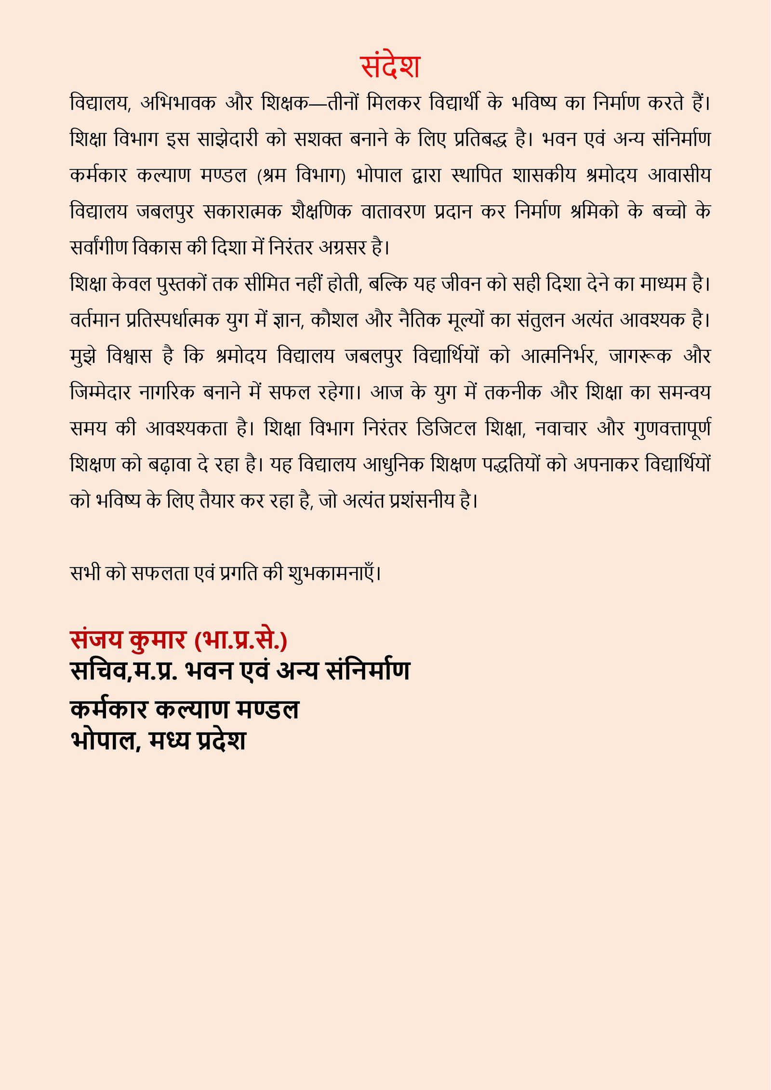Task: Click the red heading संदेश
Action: point(390,66)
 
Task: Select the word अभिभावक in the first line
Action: point(178,103)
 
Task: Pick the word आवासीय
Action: point(679,175)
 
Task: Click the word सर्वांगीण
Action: point(99,247)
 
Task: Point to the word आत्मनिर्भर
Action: point(559,356)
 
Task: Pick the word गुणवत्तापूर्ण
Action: point(672,428)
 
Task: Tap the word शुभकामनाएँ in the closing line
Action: point(333,573)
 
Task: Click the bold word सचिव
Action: point(98,671)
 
